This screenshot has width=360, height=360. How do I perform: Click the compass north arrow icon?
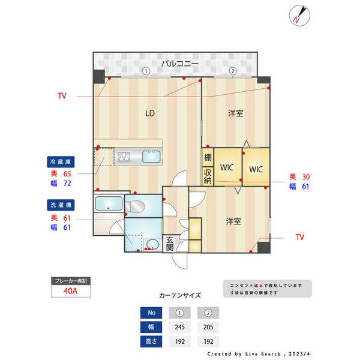[x=299, y=16]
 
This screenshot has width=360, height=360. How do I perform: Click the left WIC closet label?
[x=227, y=169]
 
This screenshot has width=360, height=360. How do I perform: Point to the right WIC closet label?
[x=256, y=169]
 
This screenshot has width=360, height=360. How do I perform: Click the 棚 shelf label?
[x=208, y=158]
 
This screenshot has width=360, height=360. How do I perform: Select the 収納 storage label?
[x=208, y=176]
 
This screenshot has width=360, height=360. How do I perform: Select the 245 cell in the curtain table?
[x=179, y=328]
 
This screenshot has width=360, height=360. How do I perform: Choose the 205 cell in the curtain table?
[x=208, y=328]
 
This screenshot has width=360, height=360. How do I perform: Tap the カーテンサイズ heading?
[x=179, y=296]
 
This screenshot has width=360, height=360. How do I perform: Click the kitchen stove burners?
[x=124, y=157]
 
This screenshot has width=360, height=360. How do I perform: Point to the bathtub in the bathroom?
[x=109, y=202]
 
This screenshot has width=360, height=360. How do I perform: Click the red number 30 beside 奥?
[x=305, y=176]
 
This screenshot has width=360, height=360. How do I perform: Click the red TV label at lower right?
[x=299, y=238]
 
